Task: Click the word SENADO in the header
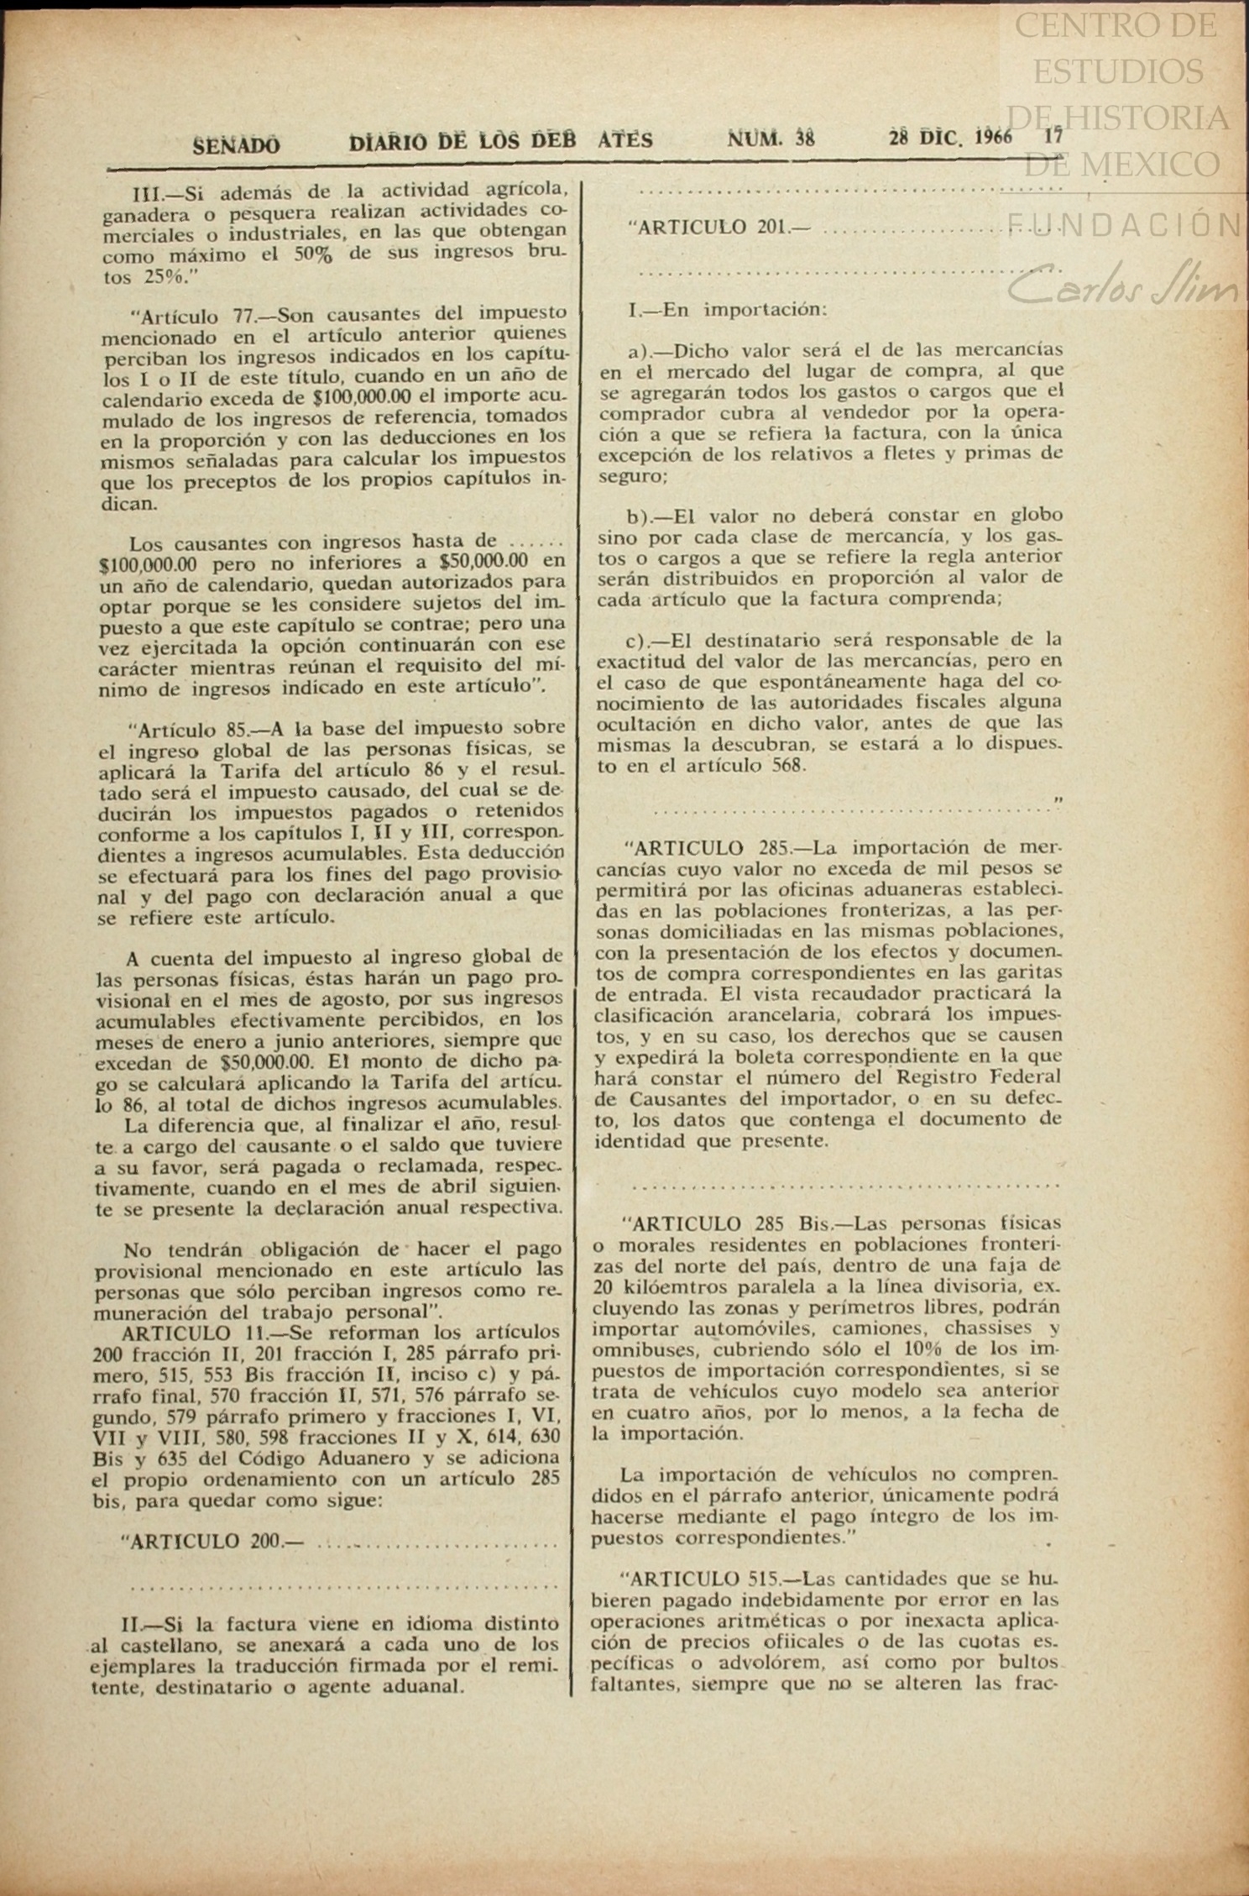pyautogui.click(x=238, y=144)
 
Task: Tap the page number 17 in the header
pyautogui.click(x=1054, y=137)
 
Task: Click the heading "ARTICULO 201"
pyautogui.click(x=719, y=227)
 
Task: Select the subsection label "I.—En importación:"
pyautogui.click(x=728, y=310)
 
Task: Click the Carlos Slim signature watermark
pyautogui.click(x=1125, y=287)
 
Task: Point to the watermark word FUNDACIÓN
pyautogui.click(x=1125, y=224)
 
